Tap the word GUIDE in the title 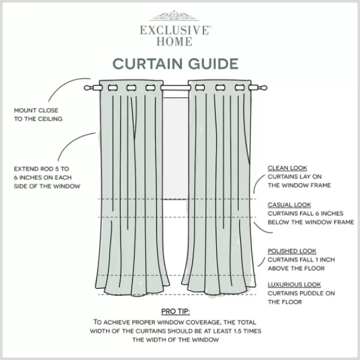pyautogui.click(x=213, y=64)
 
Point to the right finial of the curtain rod pyautogui.click(x=263, y=88)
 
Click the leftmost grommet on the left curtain pyautogui.click(x=113, y=88)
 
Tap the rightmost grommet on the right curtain pyautogui.click(x=239, y=88)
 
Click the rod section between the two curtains pyautogui.click(x=176, y=88)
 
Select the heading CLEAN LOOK pyautogui.click(x=287, y=168)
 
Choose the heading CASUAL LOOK pyautogui.click(x=289, y=205)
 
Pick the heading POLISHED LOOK pyautogui.click(x=292, y=251)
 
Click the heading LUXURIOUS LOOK pyautogui.click(x=294, y=284)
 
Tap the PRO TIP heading pyautogui.click(x=175, y=311)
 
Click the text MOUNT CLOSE pyautogui.click(x=36, y=110)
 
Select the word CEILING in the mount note pyautogui.click(x=50, y=119)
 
